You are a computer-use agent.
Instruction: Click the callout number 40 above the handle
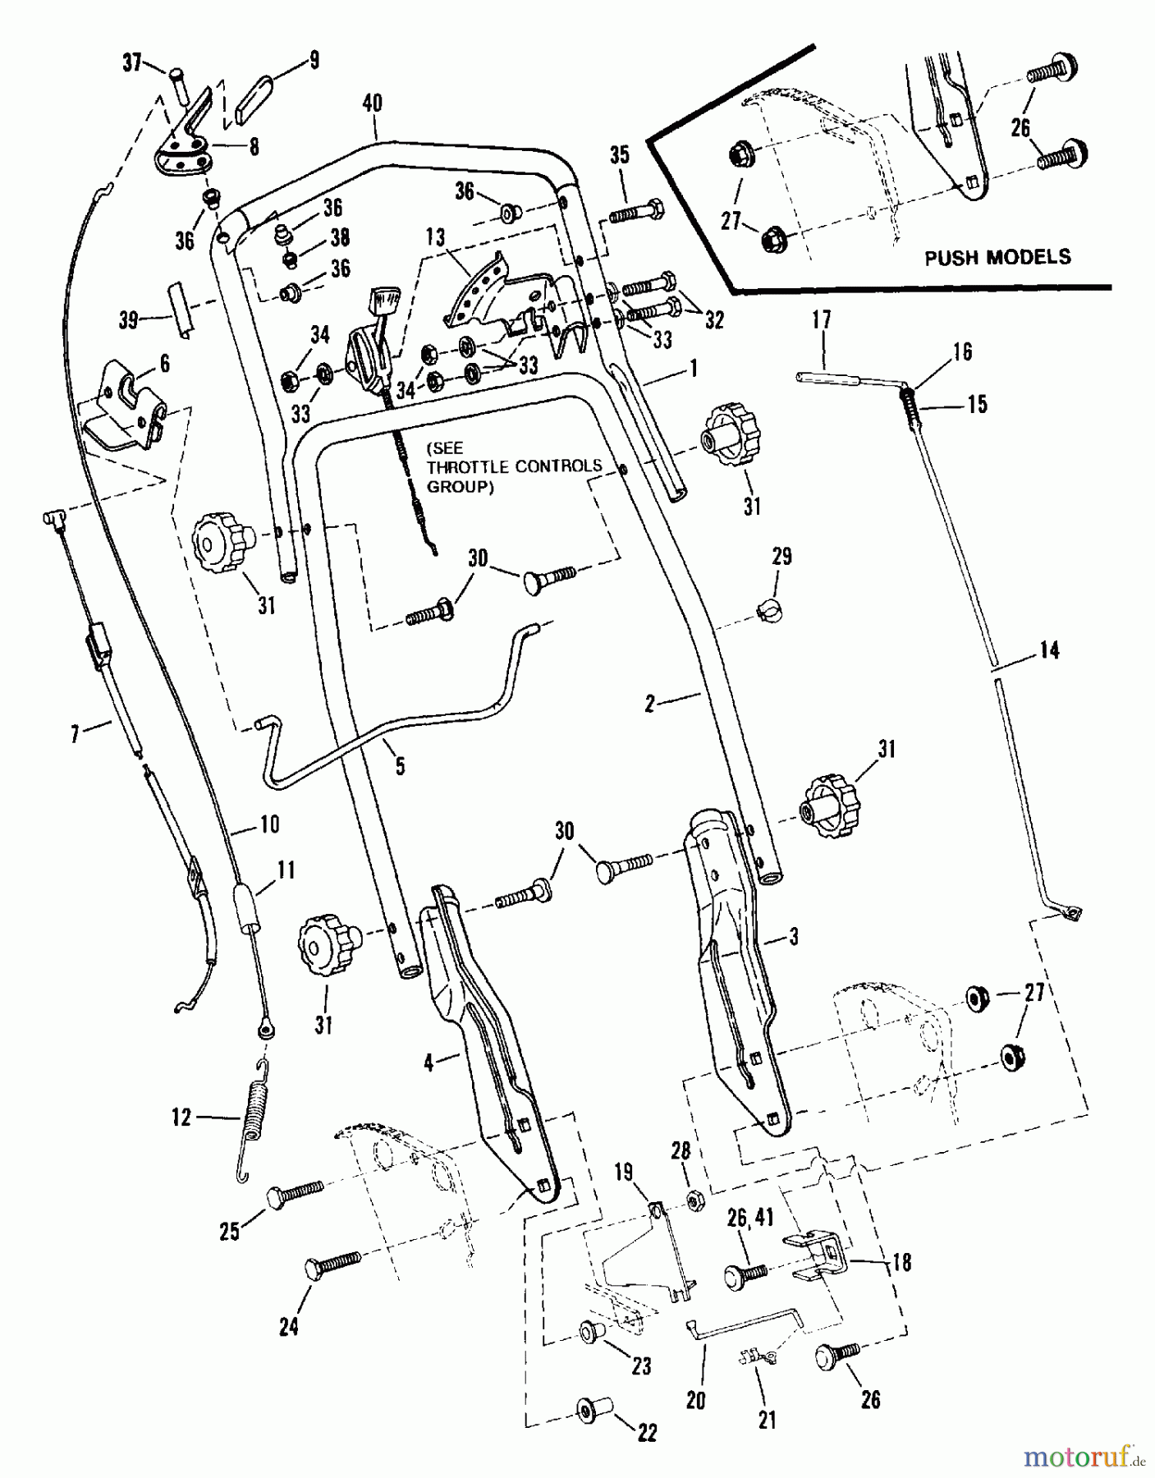point(372,103)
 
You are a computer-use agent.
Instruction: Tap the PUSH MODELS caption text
point(997,257)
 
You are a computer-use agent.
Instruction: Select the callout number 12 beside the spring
point(181,1118)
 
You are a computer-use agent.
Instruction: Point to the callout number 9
point(314,60)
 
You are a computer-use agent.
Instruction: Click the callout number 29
point(782,556)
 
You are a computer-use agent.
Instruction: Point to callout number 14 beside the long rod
point(1049,650)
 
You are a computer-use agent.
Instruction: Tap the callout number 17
point(822,320)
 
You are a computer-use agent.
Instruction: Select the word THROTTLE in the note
point(469,466)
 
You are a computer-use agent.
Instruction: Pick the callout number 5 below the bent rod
point(400,765)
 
